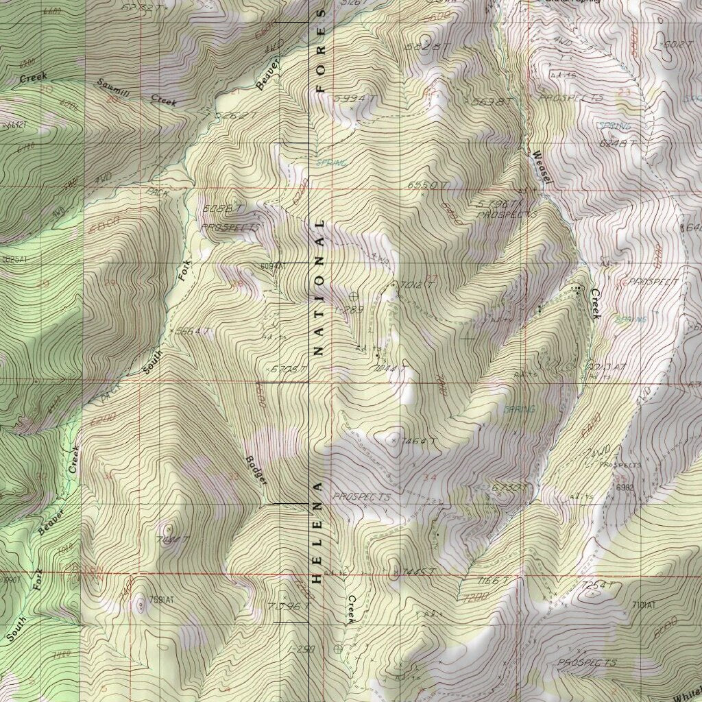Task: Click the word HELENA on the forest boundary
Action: coord(317,532)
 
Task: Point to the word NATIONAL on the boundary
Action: coord(317,288)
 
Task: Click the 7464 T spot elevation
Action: coord(420,441)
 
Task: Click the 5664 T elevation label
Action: coord(192,331)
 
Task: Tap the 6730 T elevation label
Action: coord(509,487)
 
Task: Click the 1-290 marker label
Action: coord(302,648)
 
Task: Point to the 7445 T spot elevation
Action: coord(420,571)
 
